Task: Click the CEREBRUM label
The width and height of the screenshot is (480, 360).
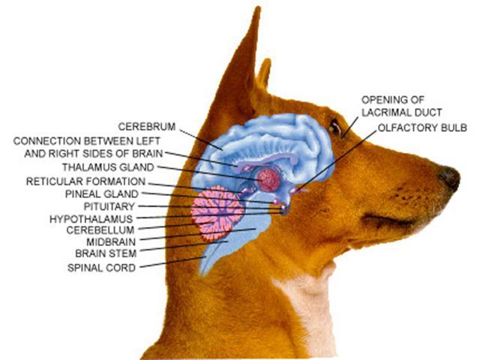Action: (147, 127)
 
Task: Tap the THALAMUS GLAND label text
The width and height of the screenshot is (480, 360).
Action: (108, 167)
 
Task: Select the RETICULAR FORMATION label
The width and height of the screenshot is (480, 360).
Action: (85, 181)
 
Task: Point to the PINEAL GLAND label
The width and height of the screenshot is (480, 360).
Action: (102, 194)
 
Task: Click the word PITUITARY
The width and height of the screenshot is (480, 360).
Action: (109, 207)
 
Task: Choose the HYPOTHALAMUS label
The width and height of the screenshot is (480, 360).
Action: (91, 219)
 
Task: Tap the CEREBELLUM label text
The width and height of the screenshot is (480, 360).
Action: (100, 230)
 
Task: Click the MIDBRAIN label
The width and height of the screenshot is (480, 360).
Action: (111, 242)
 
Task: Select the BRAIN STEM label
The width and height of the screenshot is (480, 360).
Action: (106, 253)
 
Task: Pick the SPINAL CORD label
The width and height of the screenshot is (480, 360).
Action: (102, 268)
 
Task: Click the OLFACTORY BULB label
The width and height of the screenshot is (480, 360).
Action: (422, 127)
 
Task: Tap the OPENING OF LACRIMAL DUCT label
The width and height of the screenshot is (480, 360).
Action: (402, 106)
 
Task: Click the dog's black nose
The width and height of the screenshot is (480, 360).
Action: (449, 178)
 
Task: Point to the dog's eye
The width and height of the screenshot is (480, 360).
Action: (335, 127)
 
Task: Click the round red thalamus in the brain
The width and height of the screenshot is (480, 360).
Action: (268, 180)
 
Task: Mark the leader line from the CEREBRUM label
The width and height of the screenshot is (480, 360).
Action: (201, 139)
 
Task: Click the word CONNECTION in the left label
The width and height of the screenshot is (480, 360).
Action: (46, 141)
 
